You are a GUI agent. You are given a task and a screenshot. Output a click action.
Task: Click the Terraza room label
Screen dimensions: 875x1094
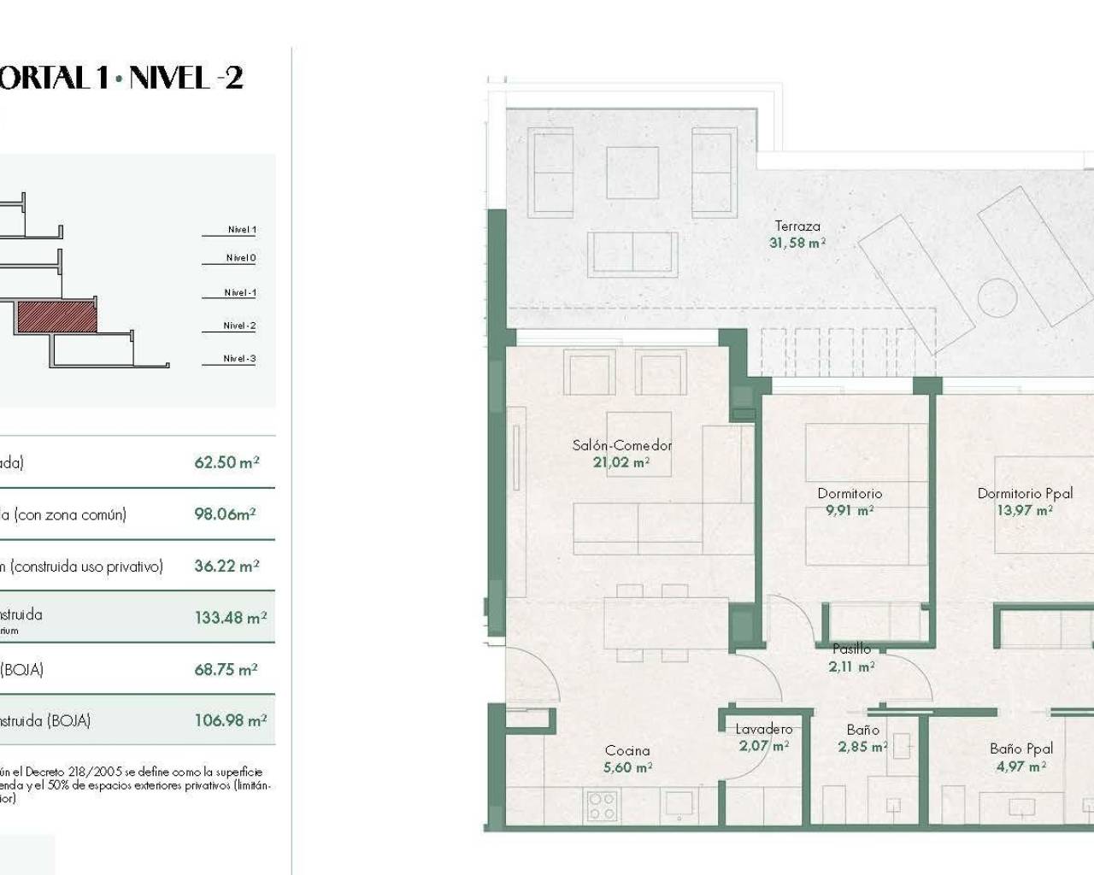coord(797,226)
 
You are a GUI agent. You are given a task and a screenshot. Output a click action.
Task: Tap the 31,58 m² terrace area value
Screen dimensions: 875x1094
coord(797,243)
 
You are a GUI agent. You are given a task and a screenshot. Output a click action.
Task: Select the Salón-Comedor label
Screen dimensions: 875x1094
coord(621,445)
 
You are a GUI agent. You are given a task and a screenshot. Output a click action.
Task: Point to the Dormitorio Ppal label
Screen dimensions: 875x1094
coord(1025,493)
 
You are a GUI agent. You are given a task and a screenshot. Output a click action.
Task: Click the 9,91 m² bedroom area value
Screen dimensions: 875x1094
coord(850,510)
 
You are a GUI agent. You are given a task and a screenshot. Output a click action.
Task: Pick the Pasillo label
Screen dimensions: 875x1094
coord(851,649)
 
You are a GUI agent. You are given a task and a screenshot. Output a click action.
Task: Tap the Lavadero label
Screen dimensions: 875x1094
coord(763,729)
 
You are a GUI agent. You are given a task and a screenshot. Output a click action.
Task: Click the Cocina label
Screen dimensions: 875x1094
coord(627,750)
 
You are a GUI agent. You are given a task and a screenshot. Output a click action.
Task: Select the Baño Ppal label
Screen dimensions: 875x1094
coord(1021,749)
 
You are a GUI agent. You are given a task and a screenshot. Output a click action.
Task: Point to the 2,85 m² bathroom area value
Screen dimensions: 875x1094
coord(862,747)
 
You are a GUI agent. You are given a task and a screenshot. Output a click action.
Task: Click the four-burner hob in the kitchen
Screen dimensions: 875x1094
coord(602,805)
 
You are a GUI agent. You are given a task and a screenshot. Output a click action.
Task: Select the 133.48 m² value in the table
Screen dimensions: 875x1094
coord(231,617)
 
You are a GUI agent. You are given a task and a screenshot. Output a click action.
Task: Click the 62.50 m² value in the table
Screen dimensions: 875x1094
coord(226,462)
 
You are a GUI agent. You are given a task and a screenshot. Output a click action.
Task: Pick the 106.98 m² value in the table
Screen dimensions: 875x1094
coord(231,720)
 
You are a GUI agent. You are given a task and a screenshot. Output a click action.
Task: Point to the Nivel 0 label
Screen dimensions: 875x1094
coord(241,258)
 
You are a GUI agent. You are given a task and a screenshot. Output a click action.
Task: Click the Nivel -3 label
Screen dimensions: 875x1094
coord(239,359)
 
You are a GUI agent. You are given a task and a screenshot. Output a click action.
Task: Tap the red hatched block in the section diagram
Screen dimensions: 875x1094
coord(56,316)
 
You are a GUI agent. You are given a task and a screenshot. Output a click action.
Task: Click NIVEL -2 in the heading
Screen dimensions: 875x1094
coord(186,79)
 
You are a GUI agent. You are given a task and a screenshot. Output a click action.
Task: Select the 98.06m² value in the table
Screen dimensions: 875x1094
coord(225,514)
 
